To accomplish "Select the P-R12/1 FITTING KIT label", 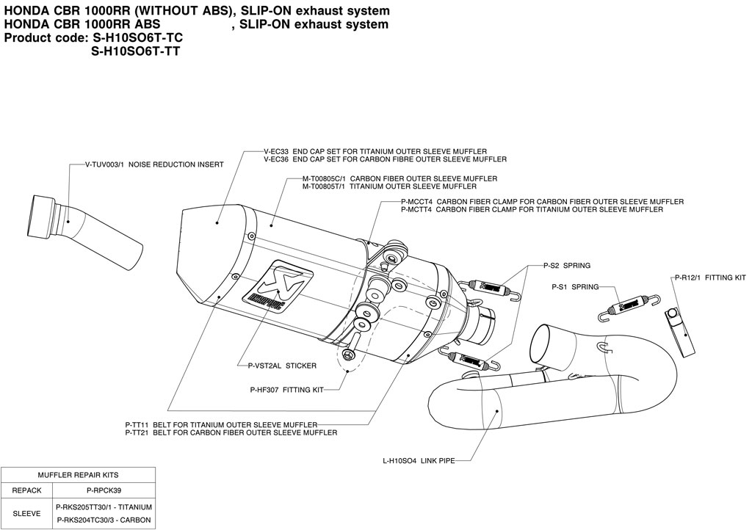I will point(709,278).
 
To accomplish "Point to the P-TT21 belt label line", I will point(231,433).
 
